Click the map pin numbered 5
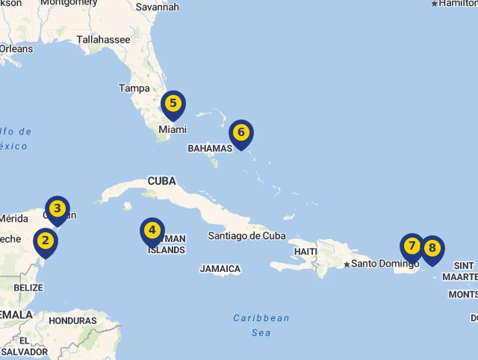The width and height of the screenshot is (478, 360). [173, 104]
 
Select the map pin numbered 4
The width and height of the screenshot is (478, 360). [152, 231]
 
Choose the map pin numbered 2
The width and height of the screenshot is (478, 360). [46, 241]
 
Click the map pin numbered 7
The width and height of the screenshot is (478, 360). [412, 246]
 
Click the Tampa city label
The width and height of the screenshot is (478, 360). [134, 88]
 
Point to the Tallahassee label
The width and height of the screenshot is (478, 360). [103, 40]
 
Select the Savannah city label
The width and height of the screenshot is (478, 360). [158, 7]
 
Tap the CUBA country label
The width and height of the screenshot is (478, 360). [162, 181]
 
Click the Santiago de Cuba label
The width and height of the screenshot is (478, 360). [246, 236]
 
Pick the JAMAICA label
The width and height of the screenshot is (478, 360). [220, 269]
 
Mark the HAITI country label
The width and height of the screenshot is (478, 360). [305, 251]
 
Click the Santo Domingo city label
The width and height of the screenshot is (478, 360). [385, 264]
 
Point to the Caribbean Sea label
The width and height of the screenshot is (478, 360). [261, 325]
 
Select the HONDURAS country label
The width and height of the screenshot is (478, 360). [72, 320]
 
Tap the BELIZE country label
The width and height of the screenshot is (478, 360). [28, 288]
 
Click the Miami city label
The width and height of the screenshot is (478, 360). [172, 130]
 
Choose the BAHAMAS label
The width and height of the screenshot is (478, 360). [210, 149]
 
